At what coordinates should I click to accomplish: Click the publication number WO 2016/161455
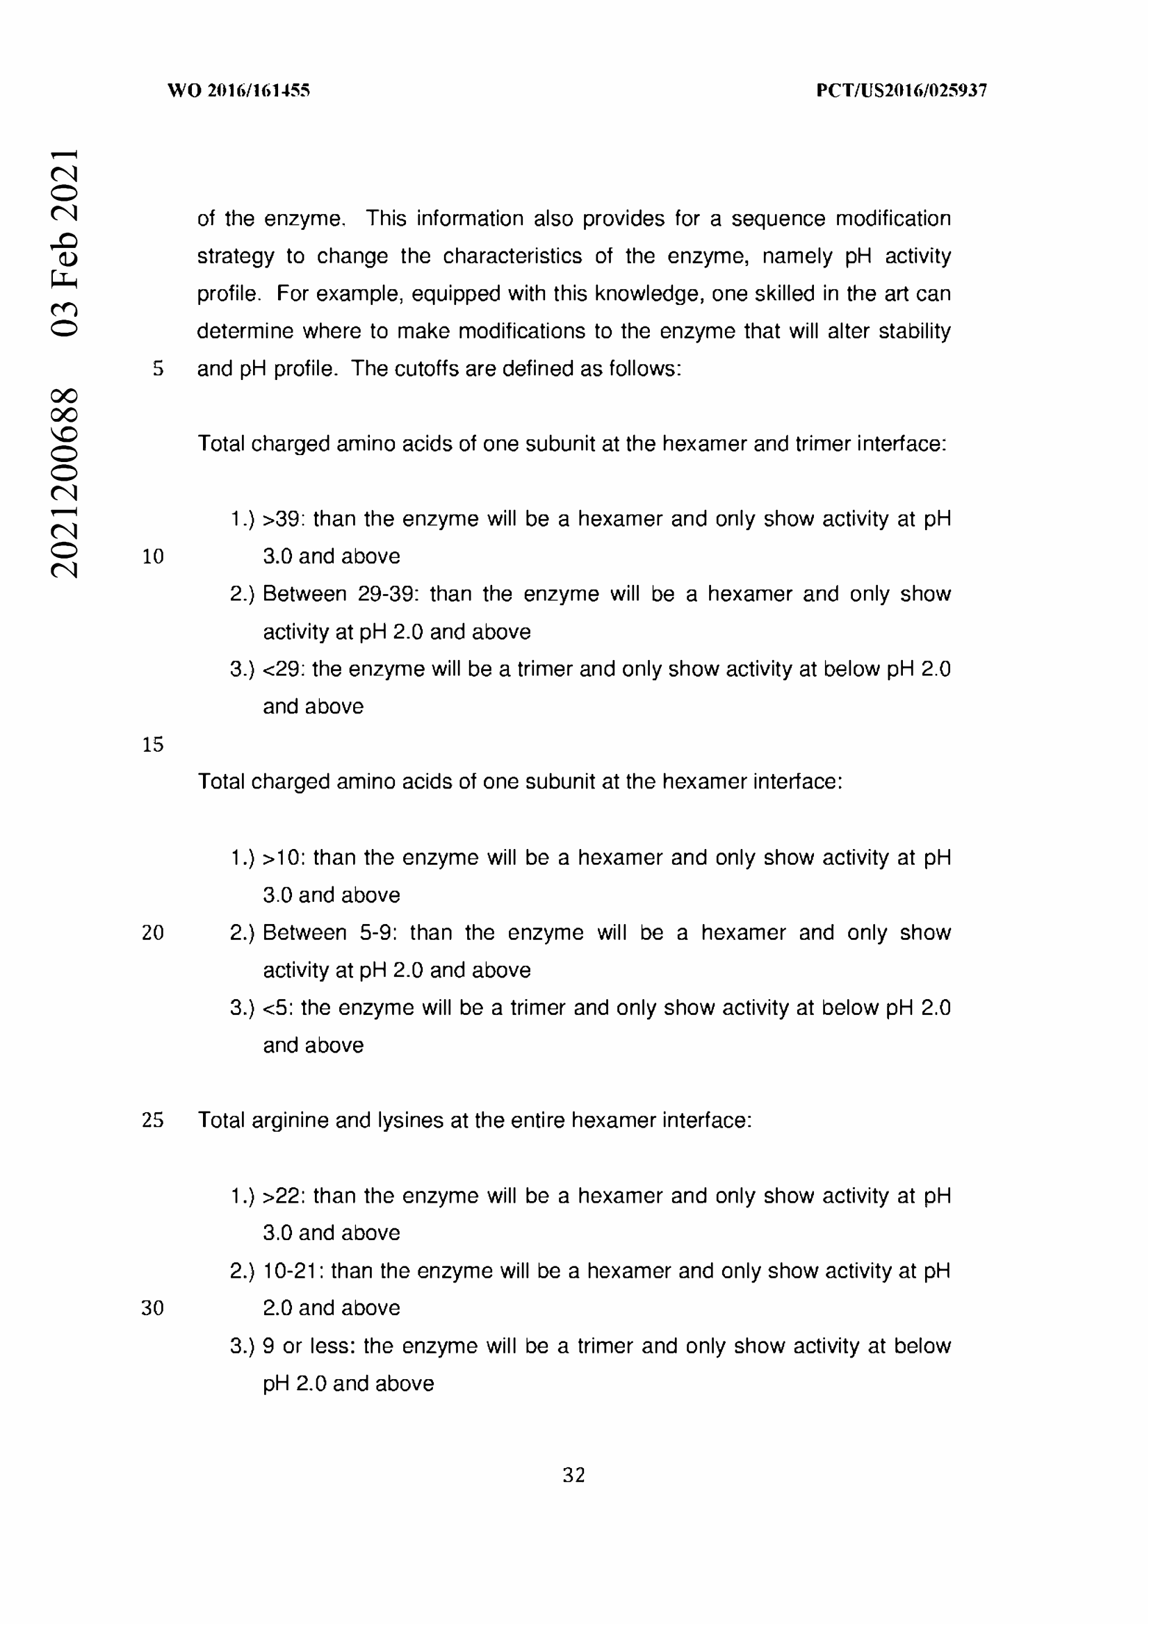pyautogui.click(x=238, y=90)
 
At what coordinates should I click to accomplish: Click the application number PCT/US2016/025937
pyautogui.click(x=902, y=90)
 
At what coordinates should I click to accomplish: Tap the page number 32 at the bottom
pyautogui.click(x=573, y=1475)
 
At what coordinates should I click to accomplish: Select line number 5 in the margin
pyautogui.click(x=158, y=369)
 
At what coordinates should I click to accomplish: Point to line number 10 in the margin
pyautogui.click(x=153, y=556)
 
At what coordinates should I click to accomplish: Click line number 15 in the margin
pyautogui.click(x=153, y=745)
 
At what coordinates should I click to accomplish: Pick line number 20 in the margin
pyautogui.click(x=153, y=933)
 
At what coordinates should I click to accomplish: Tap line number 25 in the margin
pyautogui.click(x=153, y=1121)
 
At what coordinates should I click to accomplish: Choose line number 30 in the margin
pyautogui.click(x=153, y=1308)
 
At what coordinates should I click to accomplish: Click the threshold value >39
pyautogui.click(x=282, y=519)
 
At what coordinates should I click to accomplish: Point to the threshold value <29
pyautogui.click(x=282, y=669)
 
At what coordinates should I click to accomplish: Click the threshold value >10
pyautogui.click(x=282, y=858)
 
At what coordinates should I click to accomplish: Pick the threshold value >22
pyautogui.click(x=282, y=1196)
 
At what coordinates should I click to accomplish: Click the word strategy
pyautogui.click(x=235, y=256)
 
